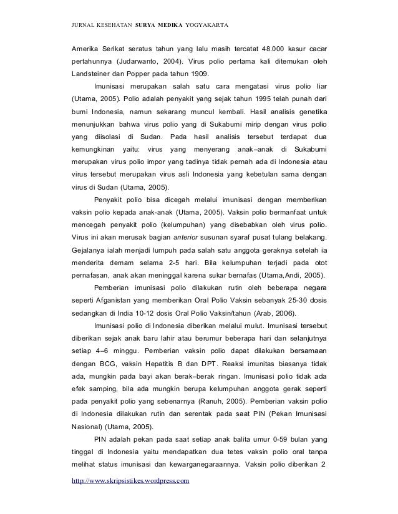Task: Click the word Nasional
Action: pos(88,427)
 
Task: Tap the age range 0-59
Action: pos(273,441)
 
